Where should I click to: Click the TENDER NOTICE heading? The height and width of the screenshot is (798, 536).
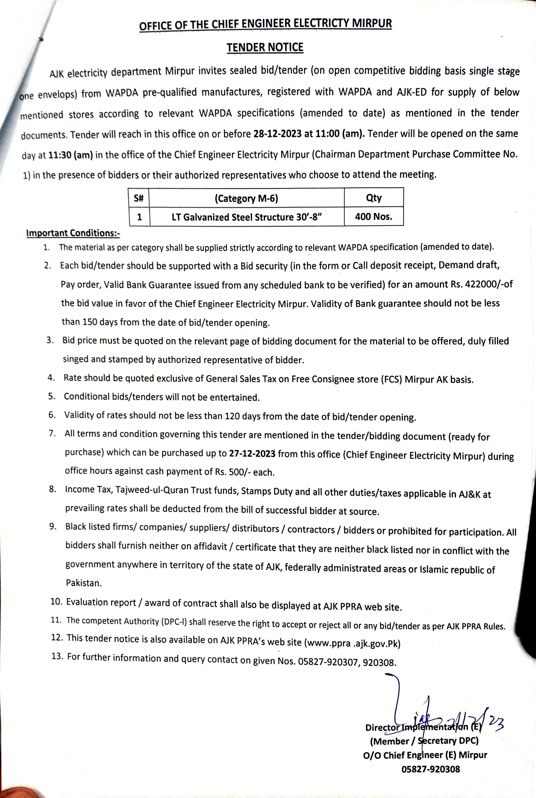[265, 47]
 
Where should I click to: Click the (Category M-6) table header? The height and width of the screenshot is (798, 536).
[246, 198]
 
